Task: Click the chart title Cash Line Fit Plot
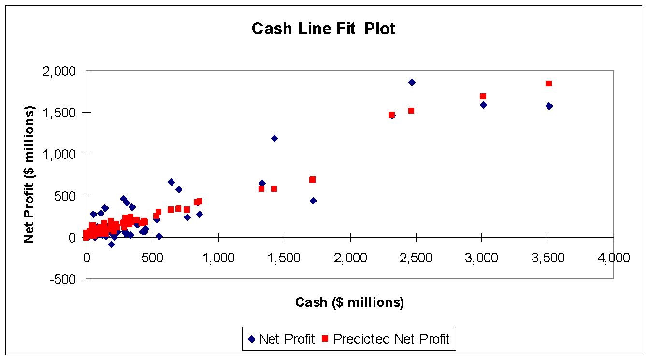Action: (x=323, y=29)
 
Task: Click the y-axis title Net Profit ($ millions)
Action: (x=29, y=174)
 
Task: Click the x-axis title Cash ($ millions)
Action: (x=349, y=302)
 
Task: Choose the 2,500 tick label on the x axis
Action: (x=416, y=258)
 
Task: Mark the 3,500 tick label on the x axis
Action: (x=548, y=258)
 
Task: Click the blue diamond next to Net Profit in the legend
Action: (x=252, y=339)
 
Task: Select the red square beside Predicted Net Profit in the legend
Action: (x=325, y=339)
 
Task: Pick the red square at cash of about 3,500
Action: (x=548, y=84)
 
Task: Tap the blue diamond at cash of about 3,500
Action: (x=549, y=106)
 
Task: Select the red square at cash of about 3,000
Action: (x=483, y=96)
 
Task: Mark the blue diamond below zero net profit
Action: (x=111, y=245)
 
